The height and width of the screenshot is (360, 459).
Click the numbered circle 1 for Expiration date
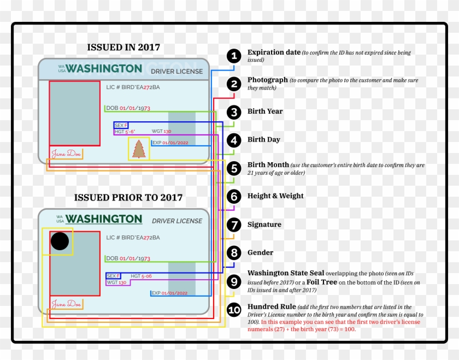coord(234,56)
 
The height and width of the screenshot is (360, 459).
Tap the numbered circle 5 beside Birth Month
coord(234,169)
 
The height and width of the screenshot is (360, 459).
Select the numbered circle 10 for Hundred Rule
coord(234,310)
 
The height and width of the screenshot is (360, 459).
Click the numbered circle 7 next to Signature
coord(234,225)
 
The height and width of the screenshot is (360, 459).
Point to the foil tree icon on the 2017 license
coord(138,149)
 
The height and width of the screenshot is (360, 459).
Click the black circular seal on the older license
coord(60,241)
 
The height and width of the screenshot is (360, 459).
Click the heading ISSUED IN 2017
coord(123,48)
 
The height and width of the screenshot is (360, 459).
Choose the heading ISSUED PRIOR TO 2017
coord(128,197)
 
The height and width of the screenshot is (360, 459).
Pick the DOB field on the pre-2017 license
coord(128,258)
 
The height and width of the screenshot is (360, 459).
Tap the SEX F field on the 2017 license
coord(121,125)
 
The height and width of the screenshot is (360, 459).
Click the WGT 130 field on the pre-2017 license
coord(116,282)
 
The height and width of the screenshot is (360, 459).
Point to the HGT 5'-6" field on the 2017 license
coord(125,132)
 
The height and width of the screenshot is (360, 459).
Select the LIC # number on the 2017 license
coord(133,87)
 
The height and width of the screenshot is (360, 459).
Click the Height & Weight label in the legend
coord(275,196)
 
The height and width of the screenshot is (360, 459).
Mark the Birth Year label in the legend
coord(265,111)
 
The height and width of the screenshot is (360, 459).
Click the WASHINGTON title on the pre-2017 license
coord(103,219)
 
